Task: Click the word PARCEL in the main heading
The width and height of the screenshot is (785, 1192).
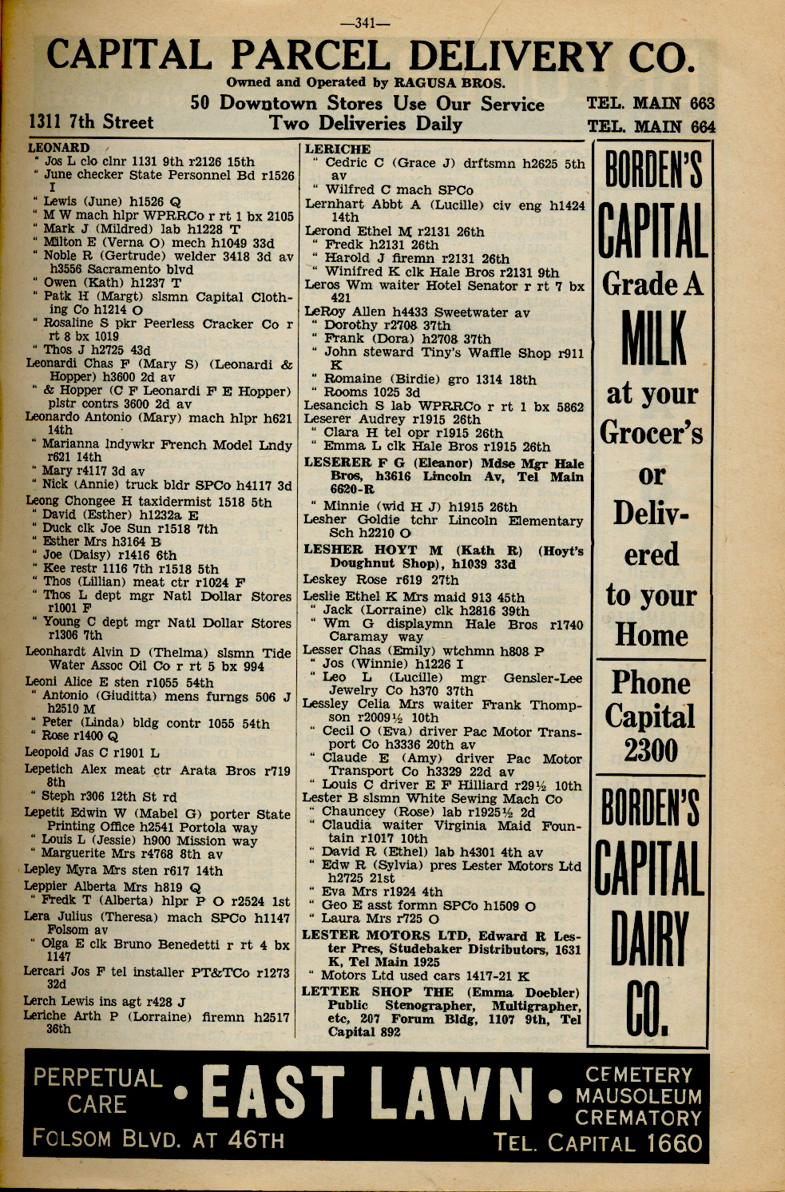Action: pyautogui.click(x=316, y=56)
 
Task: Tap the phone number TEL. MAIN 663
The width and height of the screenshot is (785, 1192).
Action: pyautogui.click(x=650, y=103)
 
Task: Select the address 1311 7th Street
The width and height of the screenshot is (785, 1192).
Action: pyautogui.click(x=90, y=122)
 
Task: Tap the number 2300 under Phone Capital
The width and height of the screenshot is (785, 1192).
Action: pyautogui.click(x=651, y=750)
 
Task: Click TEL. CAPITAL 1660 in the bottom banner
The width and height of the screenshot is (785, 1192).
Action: pyautogui.click(x=597, y=1143)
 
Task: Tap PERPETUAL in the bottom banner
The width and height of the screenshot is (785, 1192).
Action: pyautogui.click(x=97, y=1078)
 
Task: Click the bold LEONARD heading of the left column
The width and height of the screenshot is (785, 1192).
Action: pyautogui.click(x=58, y=148)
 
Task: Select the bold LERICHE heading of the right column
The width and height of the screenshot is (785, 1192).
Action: pyautogui.click(x=337, y=149)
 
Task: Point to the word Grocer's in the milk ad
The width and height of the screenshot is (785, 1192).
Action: pyautogui.click(x=651, y=433)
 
